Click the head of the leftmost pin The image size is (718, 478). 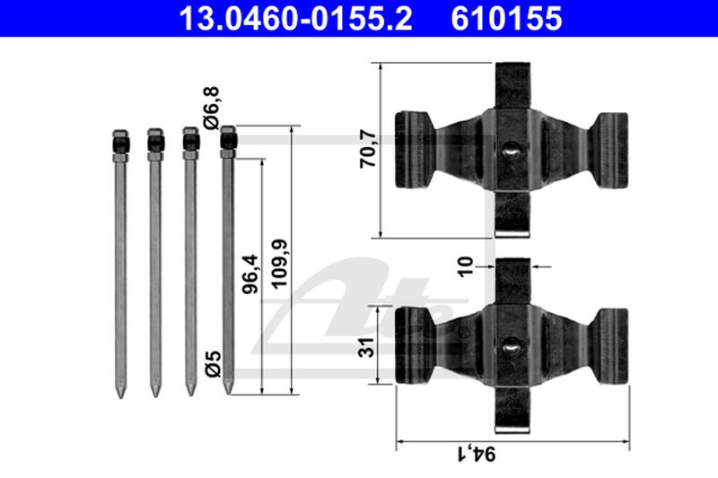pos(120,143)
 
